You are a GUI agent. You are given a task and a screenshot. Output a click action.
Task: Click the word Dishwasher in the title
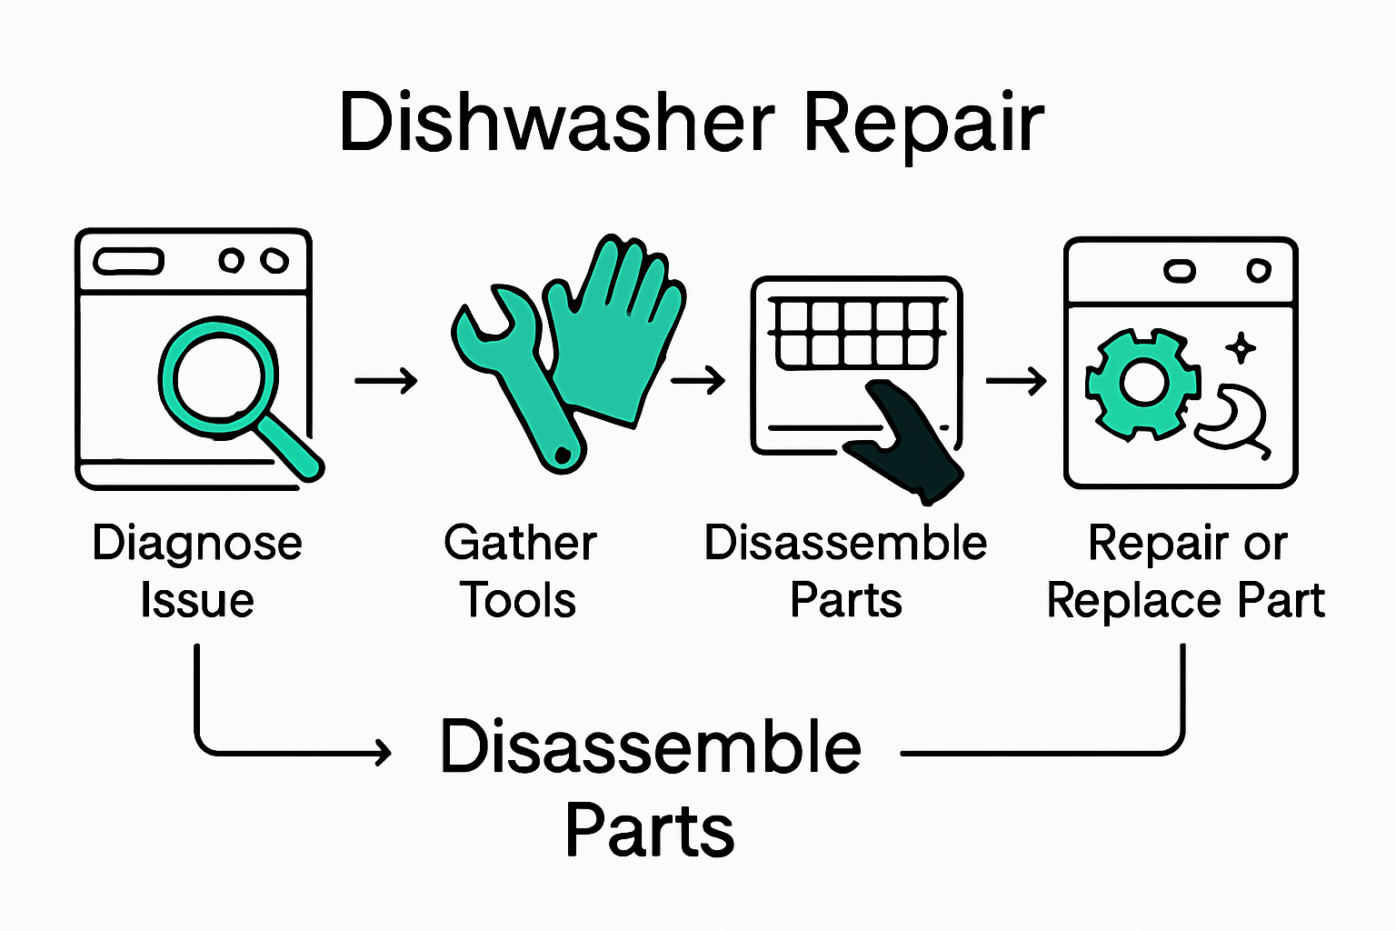tap(556, 123)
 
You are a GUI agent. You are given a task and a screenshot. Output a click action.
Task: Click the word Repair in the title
tap(923, 125)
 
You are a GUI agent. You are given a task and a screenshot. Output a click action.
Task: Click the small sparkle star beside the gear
tap(1241, 347)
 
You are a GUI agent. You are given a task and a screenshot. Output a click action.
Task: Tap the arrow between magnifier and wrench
tap(386, 380)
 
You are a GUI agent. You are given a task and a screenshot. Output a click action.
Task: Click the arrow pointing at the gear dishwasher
tap(1016, 380)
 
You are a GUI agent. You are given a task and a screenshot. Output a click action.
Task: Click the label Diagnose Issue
tap(197, 572)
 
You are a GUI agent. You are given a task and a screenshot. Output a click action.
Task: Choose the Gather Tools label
tap(520, 572)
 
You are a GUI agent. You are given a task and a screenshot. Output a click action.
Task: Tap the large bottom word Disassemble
tap(650, 747)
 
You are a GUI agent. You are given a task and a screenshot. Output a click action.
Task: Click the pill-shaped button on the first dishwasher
tap(129, 262)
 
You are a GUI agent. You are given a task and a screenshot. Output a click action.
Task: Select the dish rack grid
tap(856, 333)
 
